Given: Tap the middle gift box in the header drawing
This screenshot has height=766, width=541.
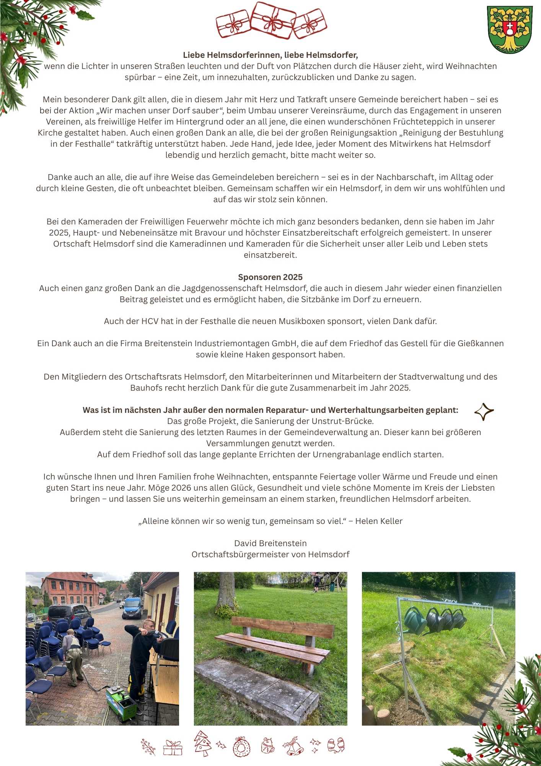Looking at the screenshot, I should tap(273, 20).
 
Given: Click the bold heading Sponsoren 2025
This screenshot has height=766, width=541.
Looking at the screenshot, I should tap(270, 277).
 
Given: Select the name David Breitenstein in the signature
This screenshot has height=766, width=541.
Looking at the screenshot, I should tap(270, 543).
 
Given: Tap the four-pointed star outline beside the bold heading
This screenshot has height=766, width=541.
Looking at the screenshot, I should tap(484, 412).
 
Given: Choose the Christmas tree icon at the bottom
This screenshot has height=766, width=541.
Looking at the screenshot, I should tap(202, 743).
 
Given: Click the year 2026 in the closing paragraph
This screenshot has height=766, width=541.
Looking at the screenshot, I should tap(181, 488).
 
